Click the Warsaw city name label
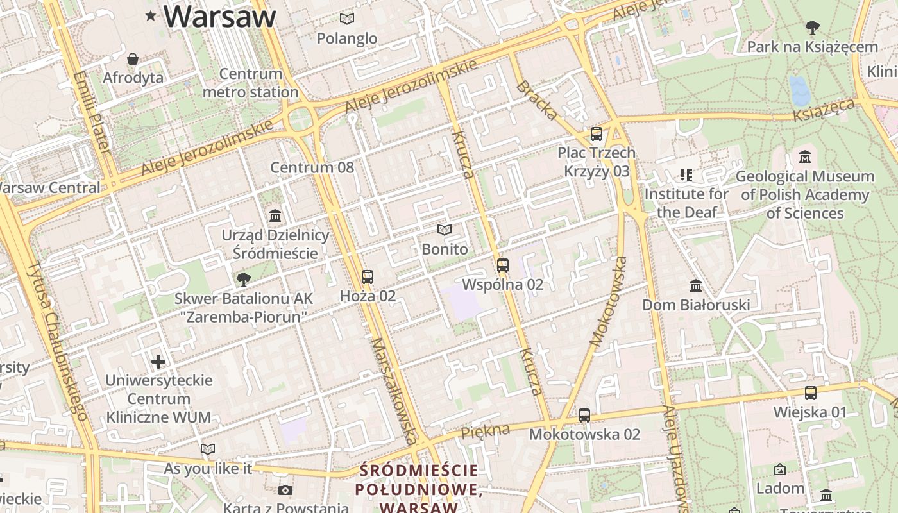tap(219, 16)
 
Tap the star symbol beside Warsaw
tap(151, 15)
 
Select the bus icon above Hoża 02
tap(367, 277)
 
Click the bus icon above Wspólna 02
tap(503, 265)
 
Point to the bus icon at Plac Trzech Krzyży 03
tap(597, 134)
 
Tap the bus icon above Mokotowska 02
tap(584, 415)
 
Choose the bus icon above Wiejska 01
tap(811, 393)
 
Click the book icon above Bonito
tap(444, 230)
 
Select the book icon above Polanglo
tap(347, 19)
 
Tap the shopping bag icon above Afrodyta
tap(133, 59)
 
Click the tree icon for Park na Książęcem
tap(812, 28)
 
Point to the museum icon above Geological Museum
tap(805, 156)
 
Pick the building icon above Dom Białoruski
tap(696, 285)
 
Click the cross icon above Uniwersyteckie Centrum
tap(158, 362)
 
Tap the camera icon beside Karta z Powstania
tap(285, 491)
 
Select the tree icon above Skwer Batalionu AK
tap(243, 279)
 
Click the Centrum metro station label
tap(251, 83)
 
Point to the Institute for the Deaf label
tap(686, 203)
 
